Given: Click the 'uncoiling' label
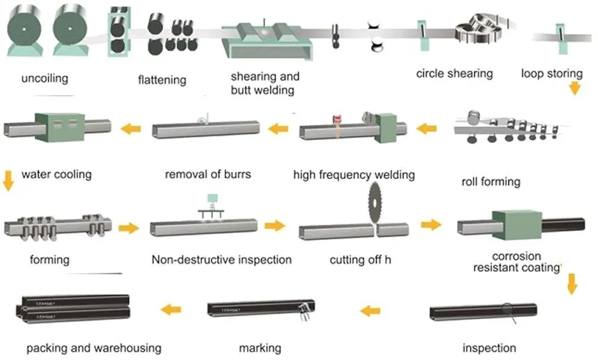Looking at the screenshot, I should pyautogui.click(x=44, y=78).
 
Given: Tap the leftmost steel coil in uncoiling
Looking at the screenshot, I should pyautogui.click(x=25, y=30).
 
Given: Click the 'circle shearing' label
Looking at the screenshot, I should pyautogui.click(x=454, y=73).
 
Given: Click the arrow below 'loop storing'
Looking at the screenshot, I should pyautogui.click(x=574, y=88).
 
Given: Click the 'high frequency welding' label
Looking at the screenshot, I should pyautogui.click(x=354, y=175).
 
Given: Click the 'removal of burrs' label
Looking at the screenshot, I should pyautogui.click(x=207, y=174).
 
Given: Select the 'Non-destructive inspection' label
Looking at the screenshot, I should pyautogui.click(x=221, y=260).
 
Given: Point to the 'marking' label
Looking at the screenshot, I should pyautogui.click(x=259, y=348).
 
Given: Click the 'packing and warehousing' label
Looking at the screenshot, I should pyautogui.click(x=94, y=348).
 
